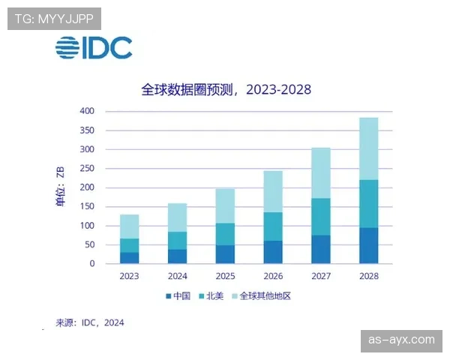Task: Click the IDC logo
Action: coord(93,47)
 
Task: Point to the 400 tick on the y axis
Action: coord(88,111)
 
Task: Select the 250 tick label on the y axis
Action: coord(88,169)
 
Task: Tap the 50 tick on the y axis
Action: coord(91,245)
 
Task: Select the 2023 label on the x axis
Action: coord(129,276)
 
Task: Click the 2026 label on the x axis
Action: coord(273,276)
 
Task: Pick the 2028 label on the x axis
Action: coord(369,276)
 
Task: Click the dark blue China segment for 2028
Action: coord(369,246)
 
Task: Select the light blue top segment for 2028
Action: coord(369,148)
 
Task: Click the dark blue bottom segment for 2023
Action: coord(129,258)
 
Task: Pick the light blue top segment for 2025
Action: coord(225,205)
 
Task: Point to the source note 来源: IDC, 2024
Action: coord(90,323)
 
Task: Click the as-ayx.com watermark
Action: coord(402,340)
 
